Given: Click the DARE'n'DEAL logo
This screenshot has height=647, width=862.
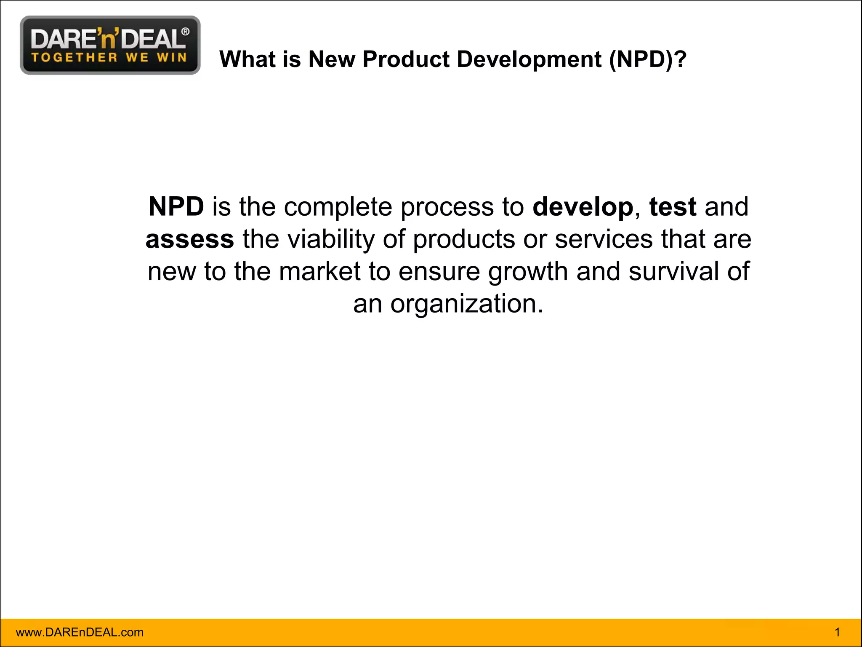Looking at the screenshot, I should (110, 45).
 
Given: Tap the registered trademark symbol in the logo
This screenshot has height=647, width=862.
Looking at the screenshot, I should (185, 32).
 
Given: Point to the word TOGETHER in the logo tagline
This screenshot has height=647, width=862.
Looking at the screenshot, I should (74, 57).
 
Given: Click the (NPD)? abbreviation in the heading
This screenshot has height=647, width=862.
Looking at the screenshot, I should (648, 59).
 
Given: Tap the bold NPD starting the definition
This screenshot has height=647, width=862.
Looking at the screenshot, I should (176, 207).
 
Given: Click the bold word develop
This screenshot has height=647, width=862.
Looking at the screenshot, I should (583, 207).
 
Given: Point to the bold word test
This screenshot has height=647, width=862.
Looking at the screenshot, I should (673, 207).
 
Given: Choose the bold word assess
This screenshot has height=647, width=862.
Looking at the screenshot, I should (190, 239).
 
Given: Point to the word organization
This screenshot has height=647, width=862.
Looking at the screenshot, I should (467, 304).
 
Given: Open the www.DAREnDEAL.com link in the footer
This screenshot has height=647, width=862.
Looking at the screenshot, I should (80, 632).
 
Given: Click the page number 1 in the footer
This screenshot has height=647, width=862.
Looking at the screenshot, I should (837, 632).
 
